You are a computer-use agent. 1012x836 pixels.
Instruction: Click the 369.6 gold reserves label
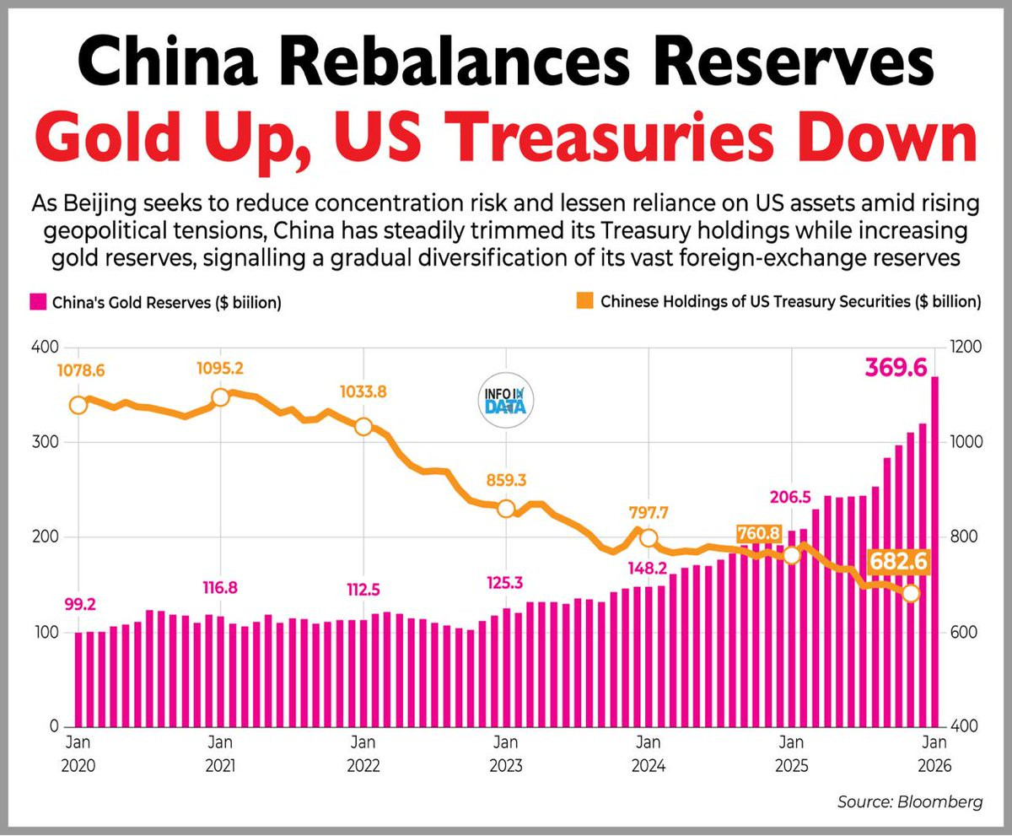(x=895, y=369)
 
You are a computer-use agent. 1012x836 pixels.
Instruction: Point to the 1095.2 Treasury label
(x=220, y=369)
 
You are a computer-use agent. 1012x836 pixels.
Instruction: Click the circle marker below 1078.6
(x=78, y=405)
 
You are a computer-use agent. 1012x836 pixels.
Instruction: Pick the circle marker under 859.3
(x=506, y=508)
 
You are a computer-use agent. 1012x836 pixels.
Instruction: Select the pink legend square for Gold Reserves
(x=38, y=302)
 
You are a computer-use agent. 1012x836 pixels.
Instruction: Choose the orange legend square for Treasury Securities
(x=586, y=301)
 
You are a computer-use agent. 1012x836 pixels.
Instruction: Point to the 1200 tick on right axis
(x=964, y=348)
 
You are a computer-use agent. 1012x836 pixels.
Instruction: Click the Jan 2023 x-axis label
(x=505, y=754)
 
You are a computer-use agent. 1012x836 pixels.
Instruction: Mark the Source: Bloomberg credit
(x=910, y=801)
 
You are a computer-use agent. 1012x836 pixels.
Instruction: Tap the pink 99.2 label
(x=80, y=604)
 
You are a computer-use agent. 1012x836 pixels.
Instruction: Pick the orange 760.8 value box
(x=757, y=533)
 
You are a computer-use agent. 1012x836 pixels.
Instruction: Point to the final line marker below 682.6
(x=910, y=594)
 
